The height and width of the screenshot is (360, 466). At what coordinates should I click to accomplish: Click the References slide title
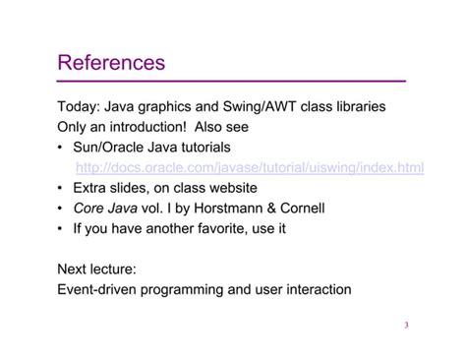tap(112, 63)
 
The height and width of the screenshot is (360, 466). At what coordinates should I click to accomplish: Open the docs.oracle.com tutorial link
tap(250, 167)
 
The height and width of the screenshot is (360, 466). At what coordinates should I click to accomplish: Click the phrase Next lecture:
tap(103, 270)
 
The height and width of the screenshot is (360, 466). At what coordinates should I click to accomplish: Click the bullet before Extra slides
tap(63, 188)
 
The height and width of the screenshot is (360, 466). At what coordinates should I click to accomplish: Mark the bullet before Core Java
tap(63, 209)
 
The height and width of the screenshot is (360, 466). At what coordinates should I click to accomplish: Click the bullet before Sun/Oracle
tap(63, 147)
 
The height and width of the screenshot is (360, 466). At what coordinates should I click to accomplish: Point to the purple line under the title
tap(232, 81)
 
